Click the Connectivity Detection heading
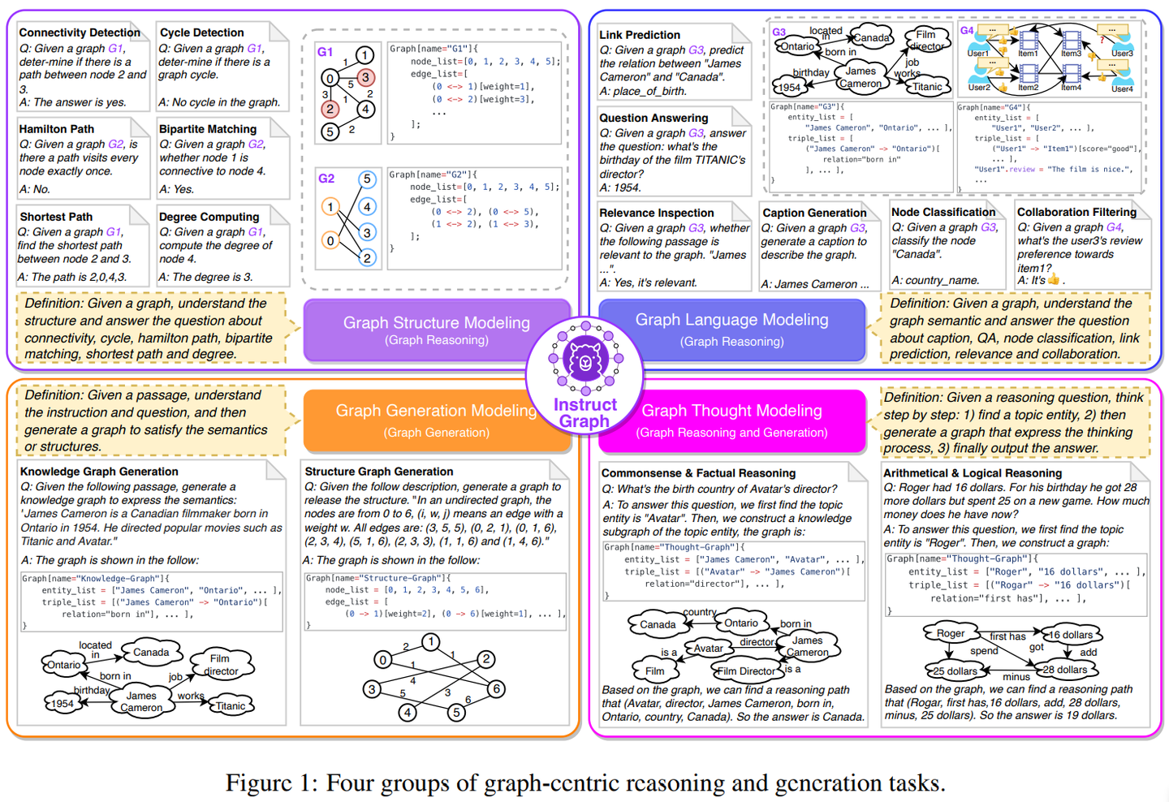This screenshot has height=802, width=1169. pos(80,32)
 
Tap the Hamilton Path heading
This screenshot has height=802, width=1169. pos(57,128)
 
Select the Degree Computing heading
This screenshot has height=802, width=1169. pos(209,217)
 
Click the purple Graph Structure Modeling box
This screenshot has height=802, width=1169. pos(437,330)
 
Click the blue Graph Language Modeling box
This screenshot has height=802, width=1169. pos(731,329)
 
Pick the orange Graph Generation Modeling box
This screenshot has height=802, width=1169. pos(437,420)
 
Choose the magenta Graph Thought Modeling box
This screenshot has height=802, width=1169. pos(731,420)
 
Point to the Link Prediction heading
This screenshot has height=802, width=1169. pos(640,35)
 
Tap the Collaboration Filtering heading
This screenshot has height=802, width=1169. pos(1076,212)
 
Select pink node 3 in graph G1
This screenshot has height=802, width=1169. pos(365,78)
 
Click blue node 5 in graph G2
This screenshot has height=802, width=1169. pos(367,179)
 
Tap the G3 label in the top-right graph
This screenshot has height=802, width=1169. pos(779,32)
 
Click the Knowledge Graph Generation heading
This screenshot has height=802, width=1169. pos(99,471)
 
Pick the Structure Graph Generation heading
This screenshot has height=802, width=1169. pos(378,471)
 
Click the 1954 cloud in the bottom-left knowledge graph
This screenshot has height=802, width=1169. pos(63,704)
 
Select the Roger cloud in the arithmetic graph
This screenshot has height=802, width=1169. pos(951,633)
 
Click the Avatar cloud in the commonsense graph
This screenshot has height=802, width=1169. pos(708,648)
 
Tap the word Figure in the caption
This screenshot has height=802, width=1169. pos(259,783)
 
